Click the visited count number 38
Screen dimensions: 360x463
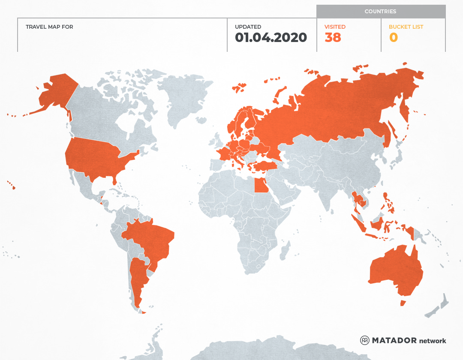pos(333,38)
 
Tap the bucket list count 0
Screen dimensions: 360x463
pos(393,38)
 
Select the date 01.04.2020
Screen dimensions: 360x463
pos(271,38)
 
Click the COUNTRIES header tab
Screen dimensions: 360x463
pos(380,12)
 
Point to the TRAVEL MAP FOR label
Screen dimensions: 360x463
pos(49,27)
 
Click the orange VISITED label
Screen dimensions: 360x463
pos(335,27)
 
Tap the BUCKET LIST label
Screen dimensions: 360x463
pos(406,27)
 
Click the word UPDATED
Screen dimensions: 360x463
pos(248,27)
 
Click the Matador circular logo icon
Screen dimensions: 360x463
pos(364,340)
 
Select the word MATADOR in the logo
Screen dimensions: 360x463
pos(394,340)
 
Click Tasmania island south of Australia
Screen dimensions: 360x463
pos(403,303)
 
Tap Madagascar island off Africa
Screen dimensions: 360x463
pos(286,251)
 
